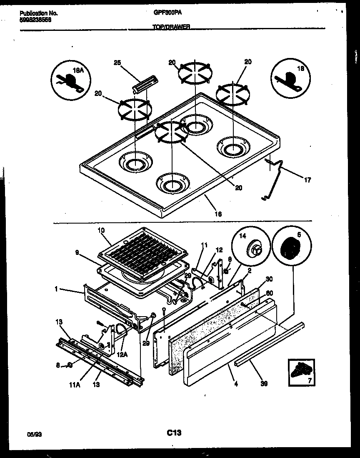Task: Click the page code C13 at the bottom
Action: click(174, 433)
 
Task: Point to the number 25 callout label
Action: click(117, 63)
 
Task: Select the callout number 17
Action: click(307, 180)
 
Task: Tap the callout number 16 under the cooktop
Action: click(217, 214)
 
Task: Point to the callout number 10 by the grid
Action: click(101, 230)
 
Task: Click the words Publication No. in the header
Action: click(39, 13)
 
